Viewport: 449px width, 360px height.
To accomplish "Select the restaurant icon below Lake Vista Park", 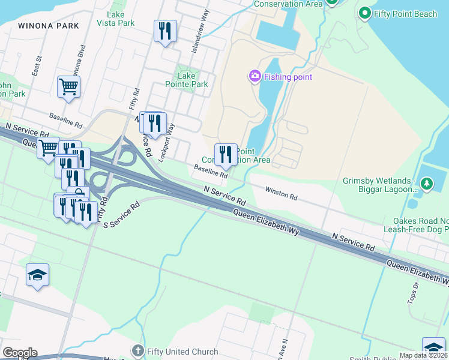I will point(165,31).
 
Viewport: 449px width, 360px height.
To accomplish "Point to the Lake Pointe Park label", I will point(187,80).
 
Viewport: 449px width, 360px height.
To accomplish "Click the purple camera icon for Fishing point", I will point(255,76).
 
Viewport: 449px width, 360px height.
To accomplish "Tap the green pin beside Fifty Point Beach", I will point(364,13).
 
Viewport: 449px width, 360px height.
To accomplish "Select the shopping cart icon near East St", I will point(68,86).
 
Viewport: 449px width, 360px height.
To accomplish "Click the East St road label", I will point(37,67).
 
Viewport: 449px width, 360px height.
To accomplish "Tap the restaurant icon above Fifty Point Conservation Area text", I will point(226,154).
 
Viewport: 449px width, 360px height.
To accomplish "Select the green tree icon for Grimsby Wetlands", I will point(426,182).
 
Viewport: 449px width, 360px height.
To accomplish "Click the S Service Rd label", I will point(121,214).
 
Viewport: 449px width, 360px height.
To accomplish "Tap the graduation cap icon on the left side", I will point(37,275).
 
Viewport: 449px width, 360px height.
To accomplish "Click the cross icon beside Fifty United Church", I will point(137,351).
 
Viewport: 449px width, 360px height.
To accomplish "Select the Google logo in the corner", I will point(20,353).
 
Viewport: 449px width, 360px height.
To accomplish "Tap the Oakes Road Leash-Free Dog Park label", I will point(420,226).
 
